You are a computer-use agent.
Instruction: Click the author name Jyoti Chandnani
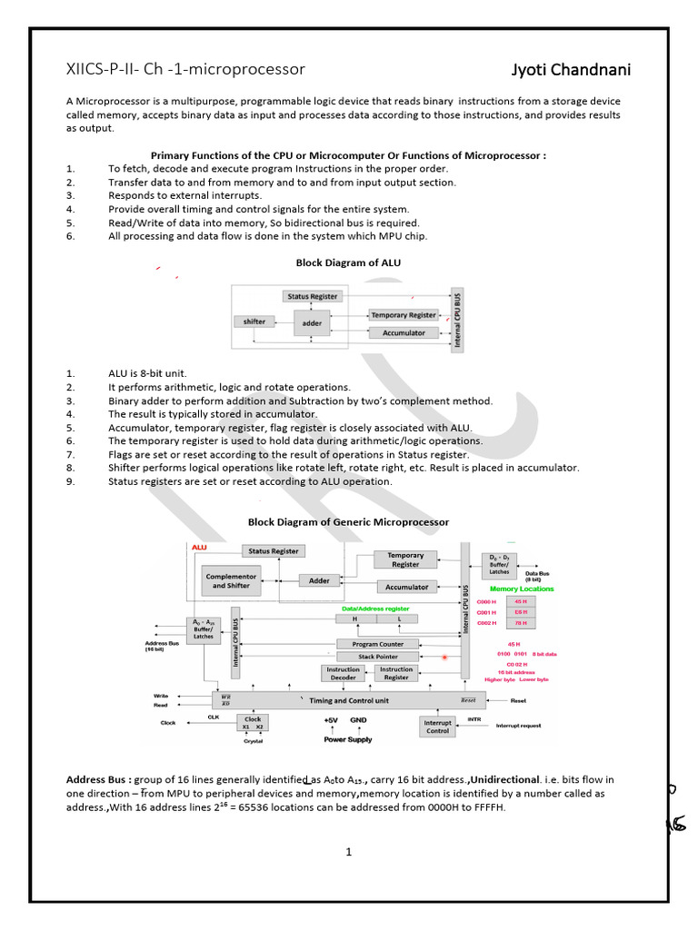point(571,71)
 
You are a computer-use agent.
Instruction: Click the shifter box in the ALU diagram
point(254,322)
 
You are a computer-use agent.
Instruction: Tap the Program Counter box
point(378,644)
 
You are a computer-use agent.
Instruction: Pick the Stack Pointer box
point(378,656)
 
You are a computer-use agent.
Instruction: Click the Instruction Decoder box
point(343,673)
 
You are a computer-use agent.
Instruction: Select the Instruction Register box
point(396,673)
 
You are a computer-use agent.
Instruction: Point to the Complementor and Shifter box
point(232,580)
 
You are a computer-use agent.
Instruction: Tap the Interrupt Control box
point(438,727)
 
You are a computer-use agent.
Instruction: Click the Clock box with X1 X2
point(253,723)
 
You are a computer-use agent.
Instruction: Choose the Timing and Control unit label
point(349,700)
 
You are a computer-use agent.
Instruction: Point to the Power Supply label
point(348,739)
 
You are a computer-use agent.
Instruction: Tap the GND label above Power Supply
point(358,719)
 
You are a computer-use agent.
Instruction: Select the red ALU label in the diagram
point(200,547)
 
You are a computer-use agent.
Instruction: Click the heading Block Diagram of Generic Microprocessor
point(348,522)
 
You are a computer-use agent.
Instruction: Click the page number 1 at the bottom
point(348,852)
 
